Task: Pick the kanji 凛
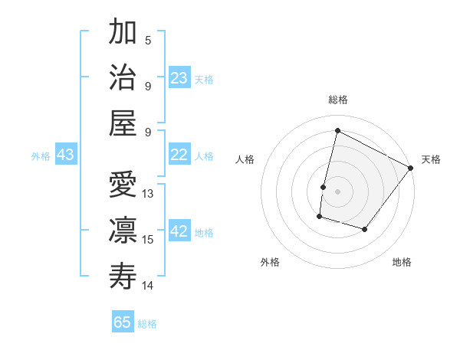[123, 231]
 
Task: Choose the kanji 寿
[123, 277]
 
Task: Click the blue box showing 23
[179, 78]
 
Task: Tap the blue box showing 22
[179, 155]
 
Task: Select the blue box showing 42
[179, 232]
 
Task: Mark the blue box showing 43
[66, 155]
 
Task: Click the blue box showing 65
[123, 322]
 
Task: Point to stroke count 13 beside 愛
[149, 194]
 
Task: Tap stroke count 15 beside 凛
[149, 240]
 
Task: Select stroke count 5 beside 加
[148, 40]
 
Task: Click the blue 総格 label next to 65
[147, 324]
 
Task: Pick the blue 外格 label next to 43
[41, 156]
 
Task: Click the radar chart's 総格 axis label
[337, 100]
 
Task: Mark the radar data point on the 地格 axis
[365, 229]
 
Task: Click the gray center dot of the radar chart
[337, 191]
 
